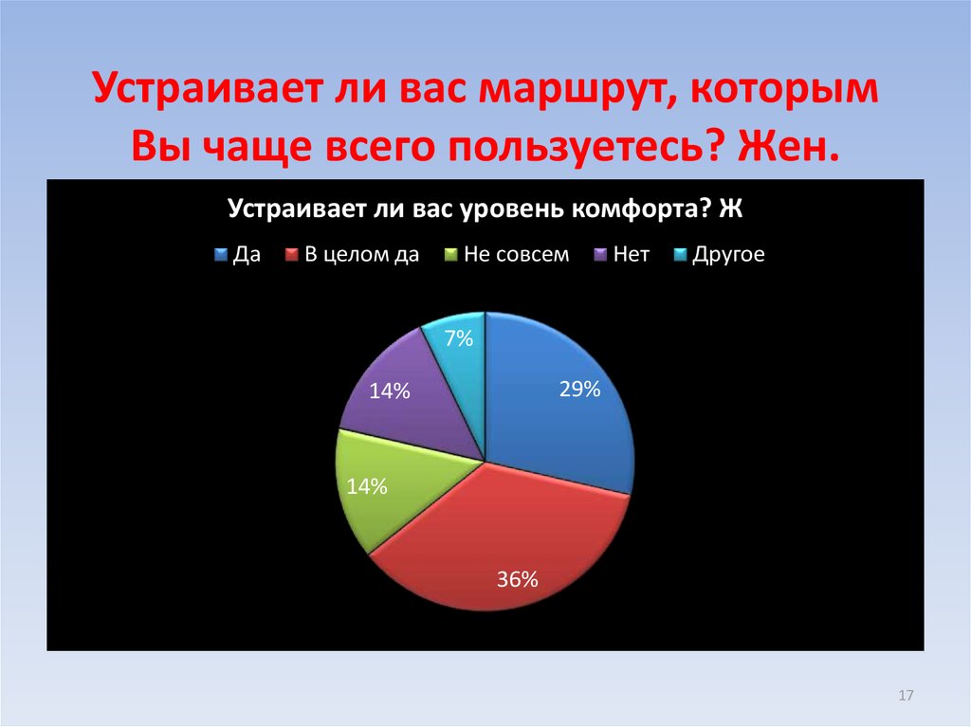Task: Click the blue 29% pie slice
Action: [559, 417]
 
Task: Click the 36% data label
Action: [518, 579]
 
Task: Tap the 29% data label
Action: [579, 388]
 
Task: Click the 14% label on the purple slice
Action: [390, 390]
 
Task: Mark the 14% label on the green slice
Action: [366, 487]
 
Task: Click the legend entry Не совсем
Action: [516, 255]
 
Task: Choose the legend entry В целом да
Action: [361, 255]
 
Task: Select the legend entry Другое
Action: [728, 255]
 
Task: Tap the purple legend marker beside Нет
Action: [599, 255]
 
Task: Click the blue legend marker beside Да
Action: [221, 255]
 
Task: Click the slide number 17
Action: [905, 697]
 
